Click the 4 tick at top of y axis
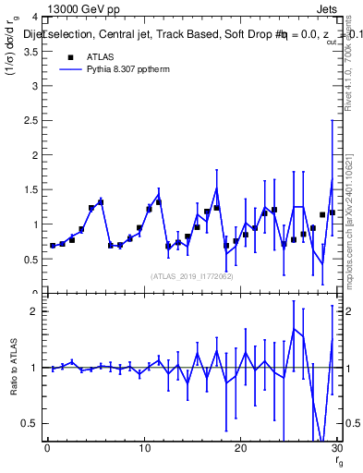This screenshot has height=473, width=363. click(x=35, y=18)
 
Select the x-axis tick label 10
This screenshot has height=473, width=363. click(x=143, y=449)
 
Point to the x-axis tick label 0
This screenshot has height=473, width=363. click(x=47, y=449)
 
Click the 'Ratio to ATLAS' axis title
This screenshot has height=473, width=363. click(x=13, y=368)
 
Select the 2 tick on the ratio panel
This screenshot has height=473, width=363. click(x=35, y=311)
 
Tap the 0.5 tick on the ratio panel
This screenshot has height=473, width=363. click(x=31, y=424)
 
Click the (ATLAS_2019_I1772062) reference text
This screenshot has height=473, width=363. click(x=190, y=275)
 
